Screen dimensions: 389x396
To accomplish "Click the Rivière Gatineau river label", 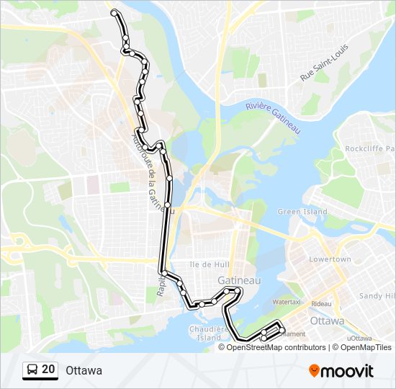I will (x=271, y=117).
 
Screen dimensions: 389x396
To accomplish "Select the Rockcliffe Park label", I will (x=369, y=149).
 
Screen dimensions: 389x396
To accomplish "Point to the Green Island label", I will (x=302, y=212).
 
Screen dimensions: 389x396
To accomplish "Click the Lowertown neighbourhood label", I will (x=330, y=259).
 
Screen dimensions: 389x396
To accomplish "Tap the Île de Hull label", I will (x=203, y=264).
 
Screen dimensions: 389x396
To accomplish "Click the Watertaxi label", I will (x=286, y=303).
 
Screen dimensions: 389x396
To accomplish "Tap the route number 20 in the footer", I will (x=48, y=370).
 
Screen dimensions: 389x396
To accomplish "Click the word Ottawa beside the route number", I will (x=84, y=370).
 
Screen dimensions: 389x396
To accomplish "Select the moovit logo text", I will (x=348, y=371).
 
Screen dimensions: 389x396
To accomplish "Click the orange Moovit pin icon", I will (x=315, y=370).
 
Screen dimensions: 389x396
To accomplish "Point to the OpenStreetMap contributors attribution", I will (x=276, y=347).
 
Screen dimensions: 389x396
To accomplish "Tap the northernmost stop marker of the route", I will (x=114, y=12).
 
